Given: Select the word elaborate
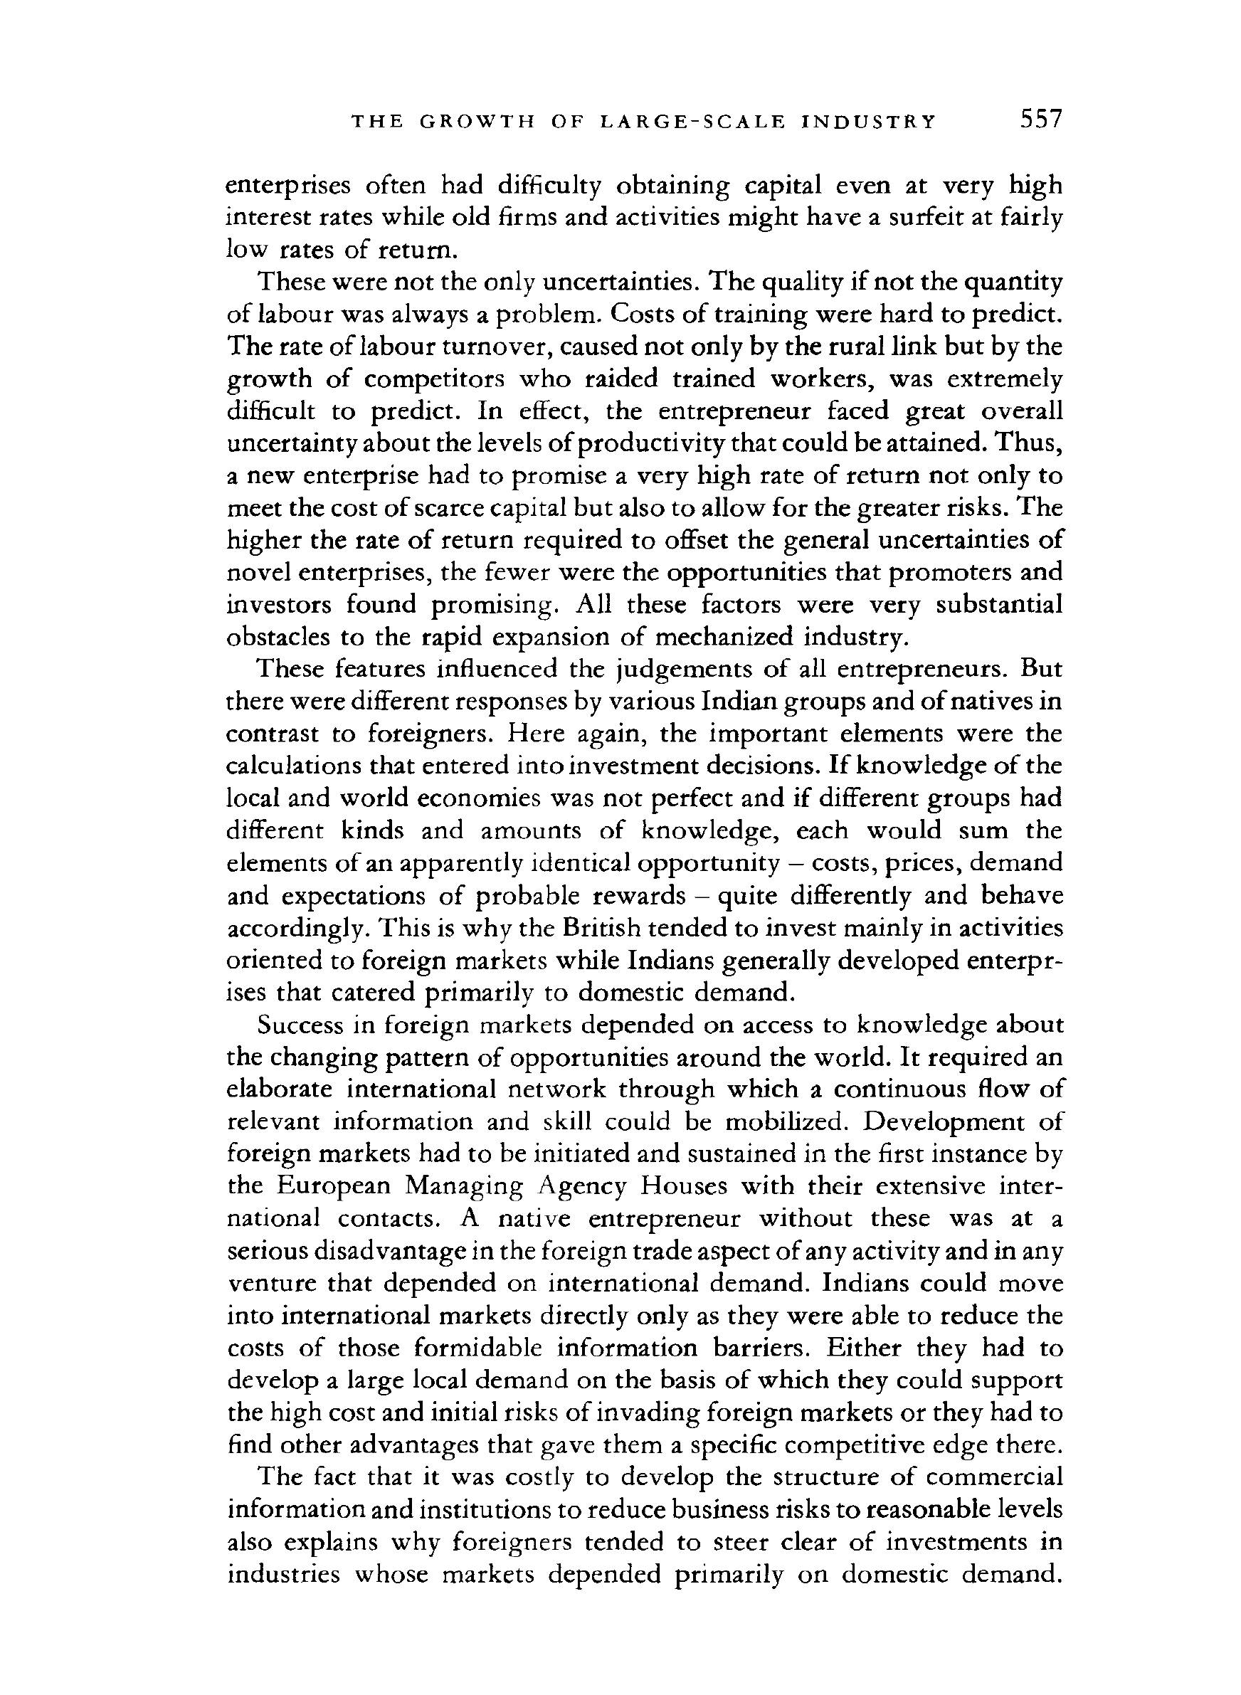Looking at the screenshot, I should [x=280, y=1089].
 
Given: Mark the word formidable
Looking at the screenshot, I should [x=477, y=1348].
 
